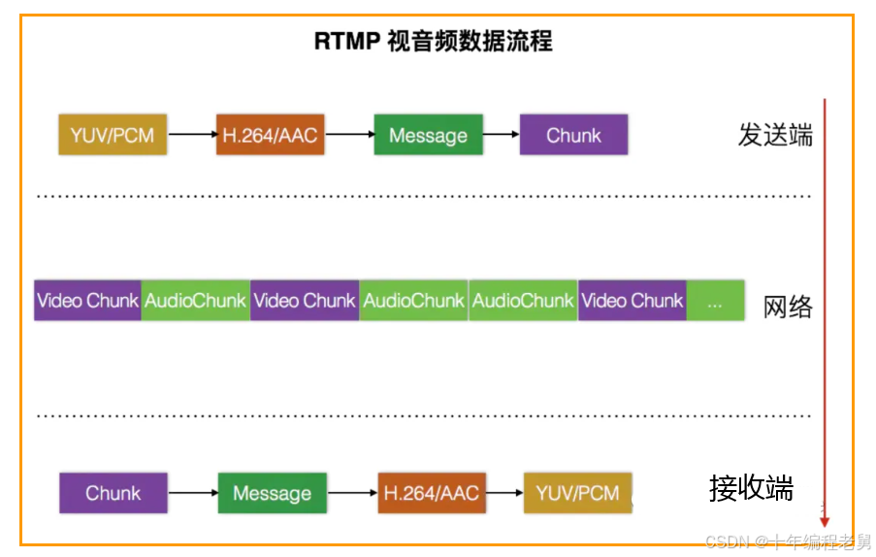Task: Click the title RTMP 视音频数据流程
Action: (434, 42)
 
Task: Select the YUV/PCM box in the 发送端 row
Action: (113, 135)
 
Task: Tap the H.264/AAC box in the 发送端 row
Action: (270, 135)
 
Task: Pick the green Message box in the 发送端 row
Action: (428, 135)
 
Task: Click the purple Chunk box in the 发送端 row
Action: (573, 135)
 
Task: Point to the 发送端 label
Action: (774, 135)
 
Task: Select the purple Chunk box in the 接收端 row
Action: (113, 493)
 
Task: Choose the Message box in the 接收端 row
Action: (272, 493)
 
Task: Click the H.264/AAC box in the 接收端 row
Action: (432, 493)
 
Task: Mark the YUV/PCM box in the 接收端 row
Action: (577, 493)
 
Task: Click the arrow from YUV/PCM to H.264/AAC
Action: (191, 136)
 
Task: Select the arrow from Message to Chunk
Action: (501, 136)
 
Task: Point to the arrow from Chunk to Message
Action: (193, 493)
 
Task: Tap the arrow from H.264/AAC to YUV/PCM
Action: (504, 493)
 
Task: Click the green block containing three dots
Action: (716, 302)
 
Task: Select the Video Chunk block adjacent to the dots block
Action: (632, 302)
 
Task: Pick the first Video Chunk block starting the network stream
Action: (87, 302)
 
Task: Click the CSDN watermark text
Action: (787, 541)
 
